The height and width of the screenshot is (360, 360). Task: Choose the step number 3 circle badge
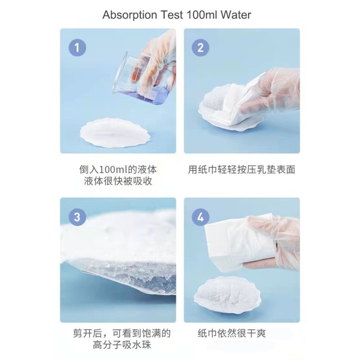(77, 217)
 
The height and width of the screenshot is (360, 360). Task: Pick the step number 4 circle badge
(201, 217)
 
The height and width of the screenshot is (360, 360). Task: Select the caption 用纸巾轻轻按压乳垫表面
(242, 170)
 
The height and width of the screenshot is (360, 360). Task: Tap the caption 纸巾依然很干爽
(232, 334)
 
